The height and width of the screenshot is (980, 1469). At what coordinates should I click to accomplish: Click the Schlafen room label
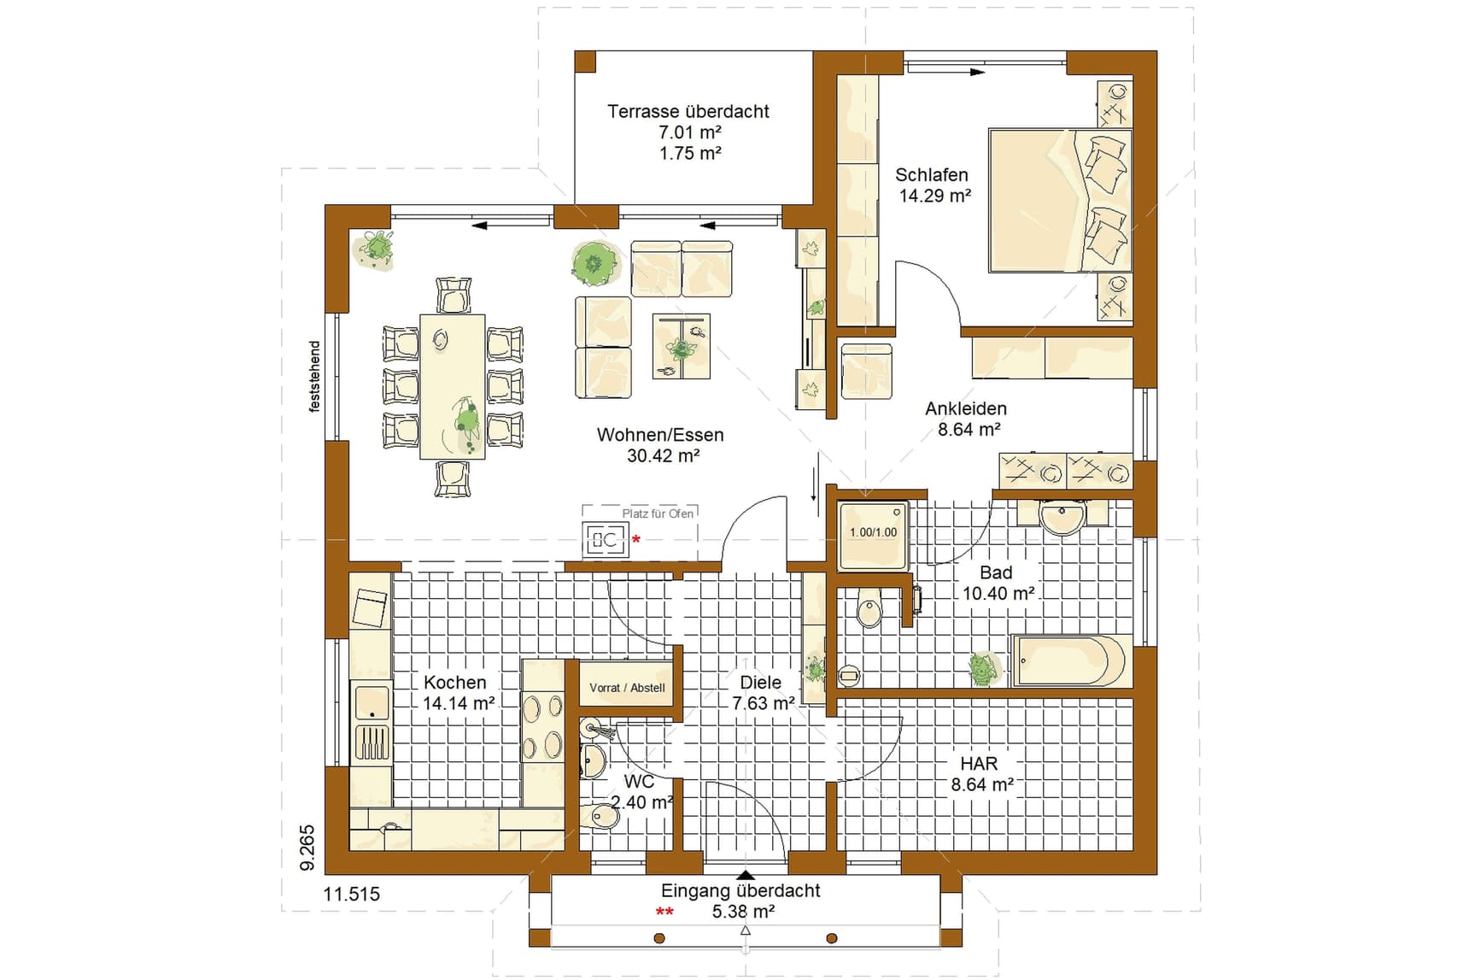(x=932, y=175)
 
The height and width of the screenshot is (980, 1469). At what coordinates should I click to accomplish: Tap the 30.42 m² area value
(x=664, y=456)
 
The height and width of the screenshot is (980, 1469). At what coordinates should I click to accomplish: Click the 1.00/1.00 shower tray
(x=874, y=535)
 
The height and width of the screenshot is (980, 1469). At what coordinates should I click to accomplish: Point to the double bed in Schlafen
(x=1060, y=201)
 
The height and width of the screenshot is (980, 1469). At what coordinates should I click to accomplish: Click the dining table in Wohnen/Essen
(x=452, y=386)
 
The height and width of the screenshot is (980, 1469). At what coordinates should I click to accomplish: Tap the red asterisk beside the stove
(x=636, y=540)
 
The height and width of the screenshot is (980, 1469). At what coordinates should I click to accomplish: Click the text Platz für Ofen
(x=658, y=513)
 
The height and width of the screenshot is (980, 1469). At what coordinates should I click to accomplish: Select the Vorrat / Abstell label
(x=627, y=688)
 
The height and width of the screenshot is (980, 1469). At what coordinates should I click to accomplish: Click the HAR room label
(x=979, y=764)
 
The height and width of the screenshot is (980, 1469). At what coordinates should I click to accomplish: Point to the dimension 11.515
(x=352, y=895)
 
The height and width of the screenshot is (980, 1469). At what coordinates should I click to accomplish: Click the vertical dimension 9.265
(x=307, y=848)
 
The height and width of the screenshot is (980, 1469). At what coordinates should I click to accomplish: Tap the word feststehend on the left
(x=314, y=377)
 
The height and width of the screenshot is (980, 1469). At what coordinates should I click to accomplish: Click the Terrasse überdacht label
(x=688, y=111)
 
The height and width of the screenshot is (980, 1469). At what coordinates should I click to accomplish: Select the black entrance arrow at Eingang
(x=746, y=875)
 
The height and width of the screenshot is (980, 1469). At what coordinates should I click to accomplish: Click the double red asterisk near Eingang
(x=664, y=912)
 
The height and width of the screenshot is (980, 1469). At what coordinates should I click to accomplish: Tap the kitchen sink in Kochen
(x=372, y=702)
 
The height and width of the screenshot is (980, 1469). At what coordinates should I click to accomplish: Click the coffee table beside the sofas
(x=681, y=346)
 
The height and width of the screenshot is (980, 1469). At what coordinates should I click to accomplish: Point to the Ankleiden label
(x=966, y=408)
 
